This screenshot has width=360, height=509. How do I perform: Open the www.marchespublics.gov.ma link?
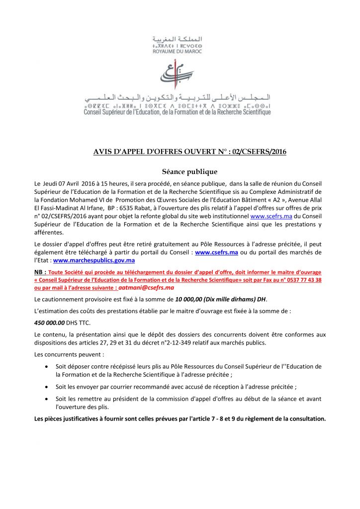click(x=94, y=260)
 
